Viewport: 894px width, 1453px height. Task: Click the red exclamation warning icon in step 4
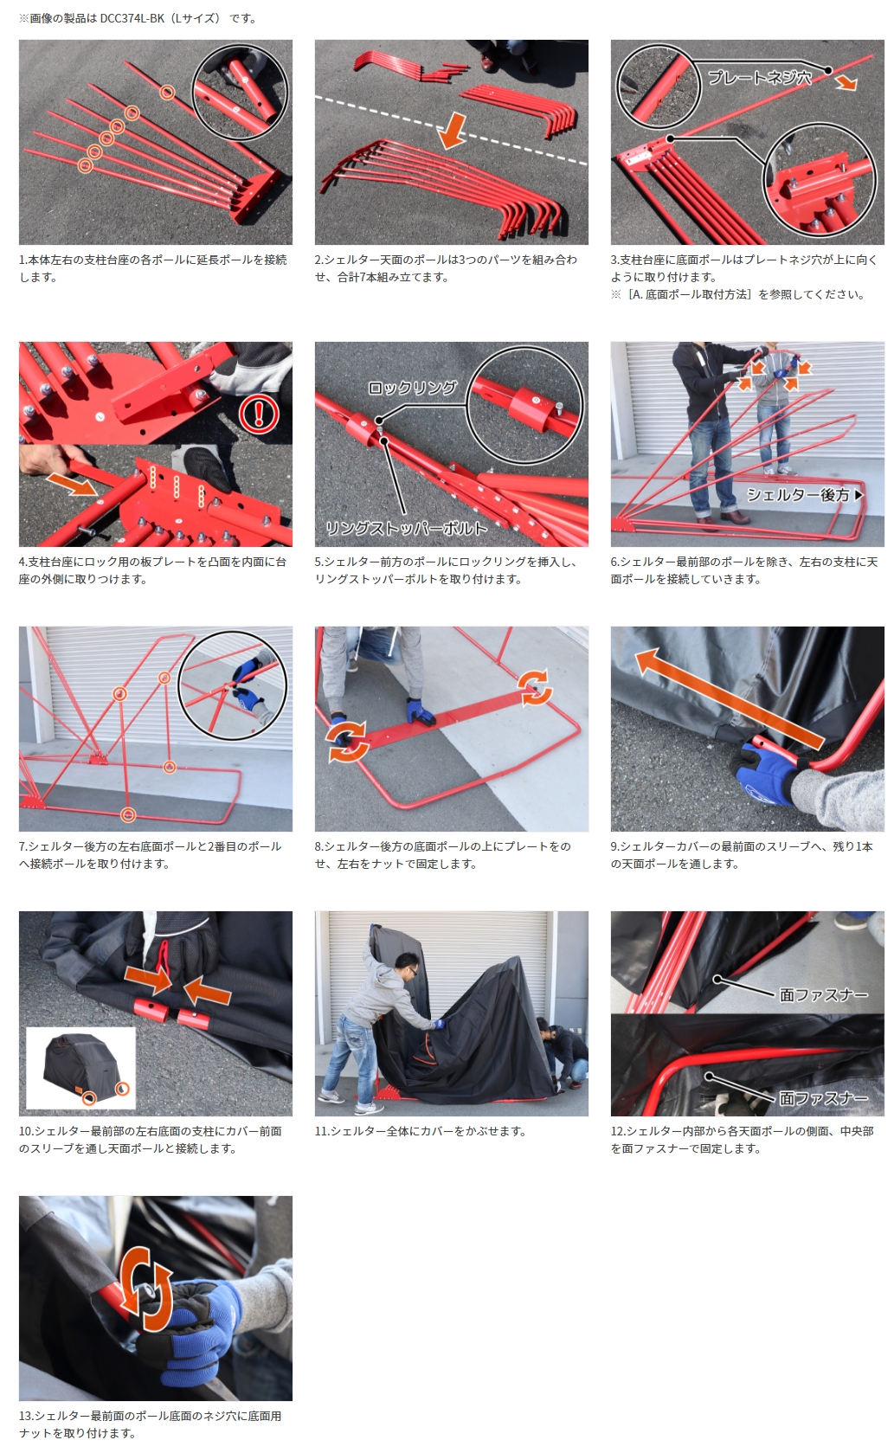[x=259, y=414]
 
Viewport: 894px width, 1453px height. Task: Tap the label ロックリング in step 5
[x=413, y=388]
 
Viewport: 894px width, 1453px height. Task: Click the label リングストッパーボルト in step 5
[x=406, y=528]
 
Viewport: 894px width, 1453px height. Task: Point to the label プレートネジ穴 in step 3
[x=759, y=78]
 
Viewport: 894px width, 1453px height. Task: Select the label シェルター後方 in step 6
[x=798, y=495]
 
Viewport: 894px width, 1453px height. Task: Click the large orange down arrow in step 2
[x=452, y=131]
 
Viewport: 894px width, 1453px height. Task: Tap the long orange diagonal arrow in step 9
[x=729, y=700]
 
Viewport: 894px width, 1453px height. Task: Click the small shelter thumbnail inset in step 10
[x=81, y=1067]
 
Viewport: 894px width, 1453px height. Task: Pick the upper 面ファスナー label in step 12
[x=823, y=995]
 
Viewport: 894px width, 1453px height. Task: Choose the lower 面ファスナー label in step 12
[x=823, y=1098]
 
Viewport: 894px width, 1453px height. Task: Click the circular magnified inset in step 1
[x=240, y=92]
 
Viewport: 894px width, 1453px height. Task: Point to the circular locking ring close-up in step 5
[x=524, y=405]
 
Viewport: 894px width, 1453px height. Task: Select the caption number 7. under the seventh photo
[x=23, y=846]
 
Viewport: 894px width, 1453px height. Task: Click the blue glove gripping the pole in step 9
[x=769, y=769]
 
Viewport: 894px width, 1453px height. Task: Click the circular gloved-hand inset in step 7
[x=233, y=685]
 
